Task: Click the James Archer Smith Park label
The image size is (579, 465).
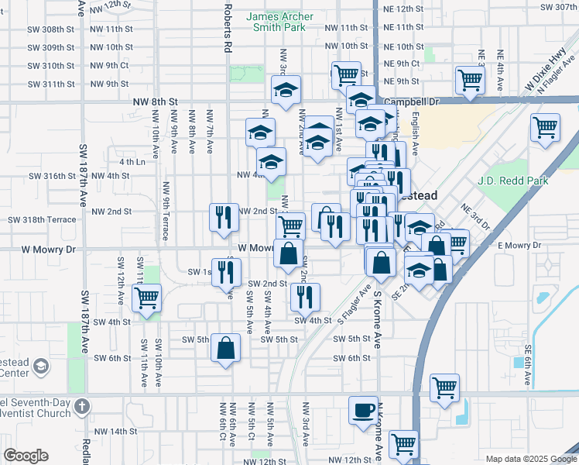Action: pos(279,22)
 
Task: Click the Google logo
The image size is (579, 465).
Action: pos(26,456)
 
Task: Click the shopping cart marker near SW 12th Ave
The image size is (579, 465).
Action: pos(146,298)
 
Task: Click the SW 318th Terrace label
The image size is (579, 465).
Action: pos(43,220)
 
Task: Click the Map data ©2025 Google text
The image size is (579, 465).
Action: pos(529,459)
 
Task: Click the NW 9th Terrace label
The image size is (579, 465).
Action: pos(166,209)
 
